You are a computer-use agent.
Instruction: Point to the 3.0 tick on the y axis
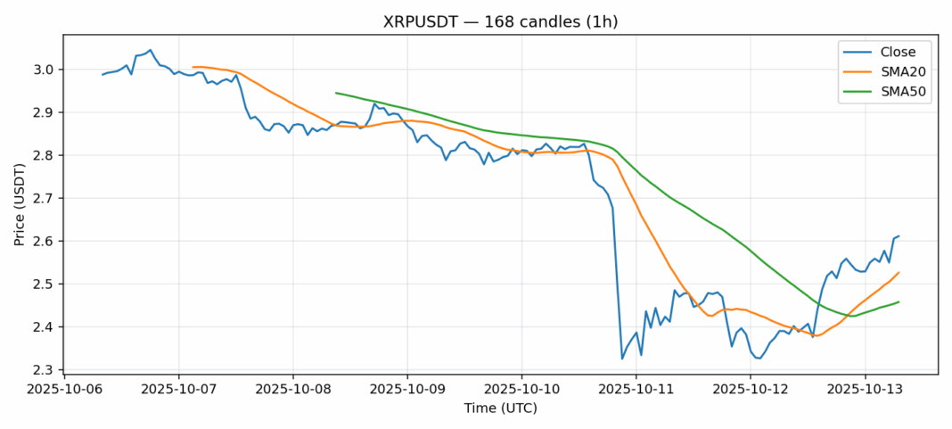tap(45, 70)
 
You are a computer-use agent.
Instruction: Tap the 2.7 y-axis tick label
tap(45, 198)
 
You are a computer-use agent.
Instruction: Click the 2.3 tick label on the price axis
tap(45, 370)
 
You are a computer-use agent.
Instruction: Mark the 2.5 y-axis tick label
tap(45, 285)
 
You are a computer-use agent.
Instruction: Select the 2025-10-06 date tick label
tap(63, 390)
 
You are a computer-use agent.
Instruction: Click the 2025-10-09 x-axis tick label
tap(407, 390)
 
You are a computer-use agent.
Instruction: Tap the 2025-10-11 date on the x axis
tap(636, 390)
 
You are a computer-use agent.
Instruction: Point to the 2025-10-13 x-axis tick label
tap(865, 390)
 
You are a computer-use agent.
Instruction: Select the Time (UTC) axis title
tap(500, 408)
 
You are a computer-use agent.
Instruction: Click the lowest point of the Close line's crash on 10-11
tap(622, 359)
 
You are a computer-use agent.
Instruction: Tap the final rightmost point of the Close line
tap(899, 236)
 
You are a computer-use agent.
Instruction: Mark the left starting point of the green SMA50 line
tap(336, 93)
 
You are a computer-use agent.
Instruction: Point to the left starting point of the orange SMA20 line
tap(193, 67)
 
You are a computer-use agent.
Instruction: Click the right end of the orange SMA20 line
tap(899, 273)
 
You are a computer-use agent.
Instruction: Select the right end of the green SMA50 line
tap(899, 301)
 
